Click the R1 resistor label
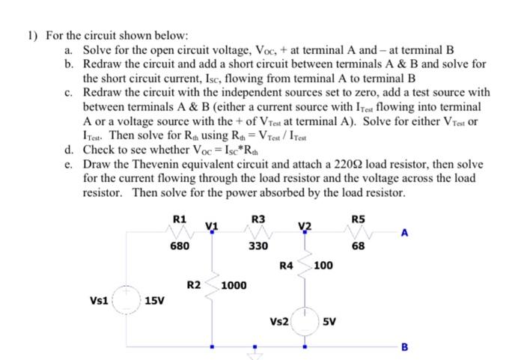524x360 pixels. pos(179,218)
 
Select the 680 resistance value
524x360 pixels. pos(179,245)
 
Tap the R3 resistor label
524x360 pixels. pos(258,218)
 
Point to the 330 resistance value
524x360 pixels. pos(258,245)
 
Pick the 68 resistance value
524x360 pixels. pos(358,245)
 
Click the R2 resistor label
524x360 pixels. pos(194,285)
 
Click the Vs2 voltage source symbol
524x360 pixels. pos(305,321)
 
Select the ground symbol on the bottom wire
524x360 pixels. pos(255,352)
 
